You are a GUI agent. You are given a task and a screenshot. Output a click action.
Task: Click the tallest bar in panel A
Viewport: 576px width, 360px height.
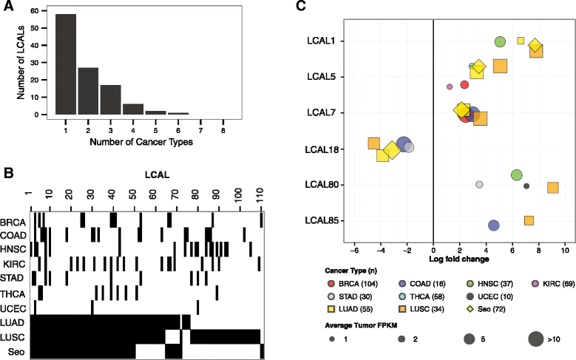click(66, 64)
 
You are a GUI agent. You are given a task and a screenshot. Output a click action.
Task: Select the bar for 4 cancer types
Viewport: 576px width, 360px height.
click(133, 109)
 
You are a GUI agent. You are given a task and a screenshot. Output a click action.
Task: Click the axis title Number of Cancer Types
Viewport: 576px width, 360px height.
click(141, 142)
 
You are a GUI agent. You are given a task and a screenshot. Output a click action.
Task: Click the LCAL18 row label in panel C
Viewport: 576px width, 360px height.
click(319, 149)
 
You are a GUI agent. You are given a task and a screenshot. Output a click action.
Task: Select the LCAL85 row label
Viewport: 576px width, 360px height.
click(319, 221)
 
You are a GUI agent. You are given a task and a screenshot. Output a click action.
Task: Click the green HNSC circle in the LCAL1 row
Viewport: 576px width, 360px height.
click(500, 42)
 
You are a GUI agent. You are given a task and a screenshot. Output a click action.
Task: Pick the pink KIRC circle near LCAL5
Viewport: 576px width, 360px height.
click(450, 86)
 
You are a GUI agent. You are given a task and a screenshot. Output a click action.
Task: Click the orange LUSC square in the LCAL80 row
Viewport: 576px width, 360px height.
click(553, 188)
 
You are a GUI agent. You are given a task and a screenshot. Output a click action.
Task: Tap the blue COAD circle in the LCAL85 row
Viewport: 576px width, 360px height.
click(494, 225)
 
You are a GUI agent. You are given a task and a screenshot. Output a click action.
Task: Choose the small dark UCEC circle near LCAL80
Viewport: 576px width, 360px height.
click(526, 186)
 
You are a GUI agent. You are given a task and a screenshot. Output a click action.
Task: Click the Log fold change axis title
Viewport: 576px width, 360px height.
click(459, 259)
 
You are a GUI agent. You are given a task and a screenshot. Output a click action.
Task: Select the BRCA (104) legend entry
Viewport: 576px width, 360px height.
click(352, 284)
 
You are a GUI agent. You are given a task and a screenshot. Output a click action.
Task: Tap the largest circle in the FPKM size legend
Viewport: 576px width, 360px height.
click(536, 339)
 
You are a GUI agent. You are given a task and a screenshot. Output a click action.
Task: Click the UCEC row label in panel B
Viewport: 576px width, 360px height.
click(13, 308)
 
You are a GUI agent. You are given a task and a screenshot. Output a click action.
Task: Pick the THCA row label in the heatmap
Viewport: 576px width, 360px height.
click(13, 294)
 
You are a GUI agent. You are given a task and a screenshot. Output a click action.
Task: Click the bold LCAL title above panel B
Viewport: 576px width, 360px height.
click(157, 175)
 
